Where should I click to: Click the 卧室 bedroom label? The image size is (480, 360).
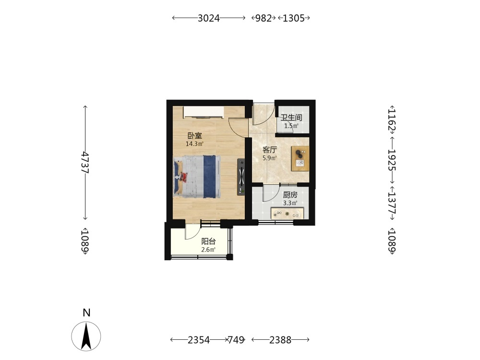click(x=195, y=136)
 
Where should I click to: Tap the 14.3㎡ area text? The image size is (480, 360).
click(x=195, y=144)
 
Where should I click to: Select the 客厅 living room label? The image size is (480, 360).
click(x=270, y=150)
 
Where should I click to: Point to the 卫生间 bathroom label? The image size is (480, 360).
click(x=291, y=118)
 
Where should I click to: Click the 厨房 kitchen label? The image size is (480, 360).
click(x=290, y=195)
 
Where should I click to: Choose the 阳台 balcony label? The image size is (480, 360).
click(x=208, y=241)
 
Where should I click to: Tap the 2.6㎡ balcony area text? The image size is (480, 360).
click(x=208, y=250)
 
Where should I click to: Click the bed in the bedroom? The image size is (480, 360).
click(x=197, y=177)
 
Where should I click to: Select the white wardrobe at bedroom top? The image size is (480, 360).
click(x=204, y=112)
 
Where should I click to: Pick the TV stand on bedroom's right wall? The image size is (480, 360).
click(x=241, y=177)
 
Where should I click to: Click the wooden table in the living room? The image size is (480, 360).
click(x=300, y=158)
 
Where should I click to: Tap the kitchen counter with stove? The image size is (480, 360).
click(x=287, y=214)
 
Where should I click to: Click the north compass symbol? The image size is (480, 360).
click(x=86, y=336)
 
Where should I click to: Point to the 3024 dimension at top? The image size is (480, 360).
click(x=208, y=18)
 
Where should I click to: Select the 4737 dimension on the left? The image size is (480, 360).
click(x=85, y=163)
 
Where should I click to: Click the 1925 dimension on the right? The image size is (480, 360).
click(x=392, y=160)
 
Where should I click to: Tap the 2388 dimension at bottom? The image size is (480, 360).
click(x=280, y=340)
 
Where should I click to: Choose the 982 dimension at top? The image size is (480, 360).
click(x=264, y=18)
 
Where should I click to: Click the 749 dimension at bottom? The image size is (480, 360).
click(x=236, y=340)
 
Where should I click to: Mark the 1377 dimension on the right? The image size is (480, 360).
click(x=392, y=203)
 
